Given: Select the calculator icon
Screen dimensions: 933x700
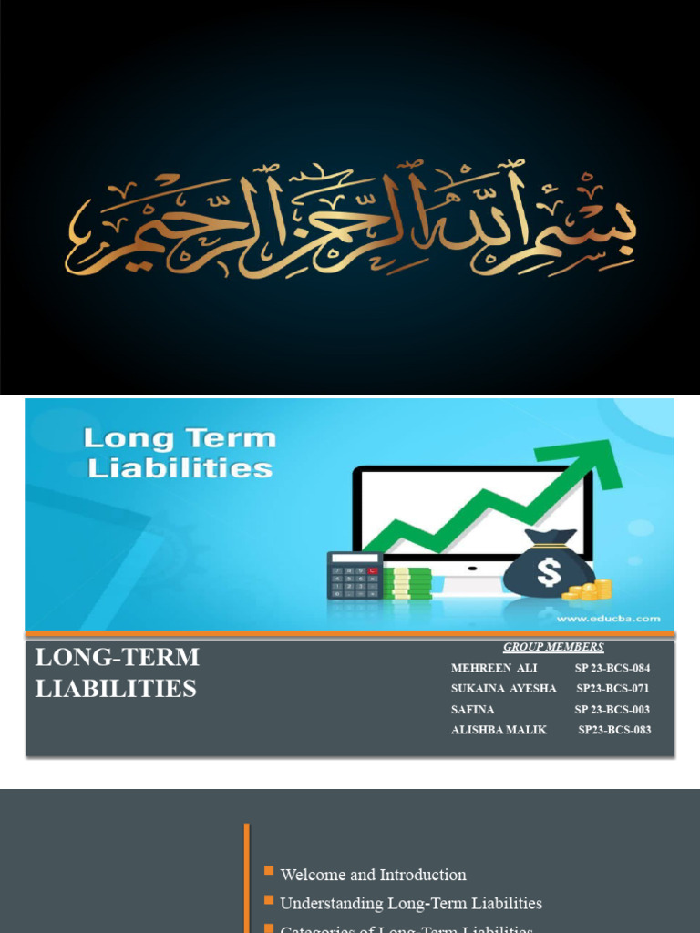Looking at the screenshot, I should pyautogui.click(x=355, y=575).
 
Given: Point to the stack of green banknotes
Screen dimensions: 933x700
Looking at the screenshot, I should pyautogui.click(x=407, y=583).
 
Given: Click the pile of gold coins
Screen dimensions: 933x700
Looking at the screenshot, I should pyautogui.click(x=590, y=590).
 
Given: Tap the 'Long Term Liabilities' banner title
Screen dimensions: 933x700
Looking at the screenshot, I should pyautogui.click(x=179, y=453).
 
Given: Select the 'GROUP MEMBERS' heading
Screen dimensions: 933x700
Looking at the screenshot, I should pyautogui.click(x=553, y=647).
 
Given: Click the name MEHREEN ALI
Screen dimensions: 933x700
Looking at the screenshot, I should pyautogui.click(x=494, y=668).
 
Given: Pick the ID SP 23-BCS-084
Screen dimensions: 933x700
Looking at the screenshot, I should pyautogui.click(x=612, y=668).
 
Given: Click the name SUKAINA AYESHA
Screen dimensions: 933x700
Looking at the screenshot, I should pyautogui.click(x=503, y=689).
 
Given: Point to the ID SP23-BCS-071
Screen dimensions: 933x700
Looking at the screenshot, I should pyautogui.click(x=612, y=689).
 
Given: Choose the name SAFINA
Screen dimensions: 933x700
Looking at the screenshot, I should pyautogui.click(x=472, y=710).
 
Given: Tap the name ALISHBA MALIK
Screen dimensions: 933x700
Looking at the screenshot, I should pyautogui.click(x=499, y=730).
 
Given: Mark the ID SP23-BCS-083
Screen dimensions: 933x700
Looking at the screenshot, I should pyautogui.click(x=614, y=730).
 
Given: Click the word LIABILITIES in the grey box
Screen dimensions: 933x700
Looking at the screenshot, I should pyautogui.click(x=116, y=689).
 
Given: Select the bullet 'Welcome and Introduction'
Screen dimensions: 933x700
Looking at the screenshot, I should pyautogui.click(x=373, y=875).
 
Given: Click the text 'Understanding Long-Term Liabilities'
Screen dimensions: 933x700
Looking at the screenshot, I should pyautogui.click(x=410, y=904).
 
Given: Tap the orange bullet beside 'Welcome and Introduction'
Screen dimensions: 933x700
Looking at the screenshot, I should pyautogui.click(x=269, y=872).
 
